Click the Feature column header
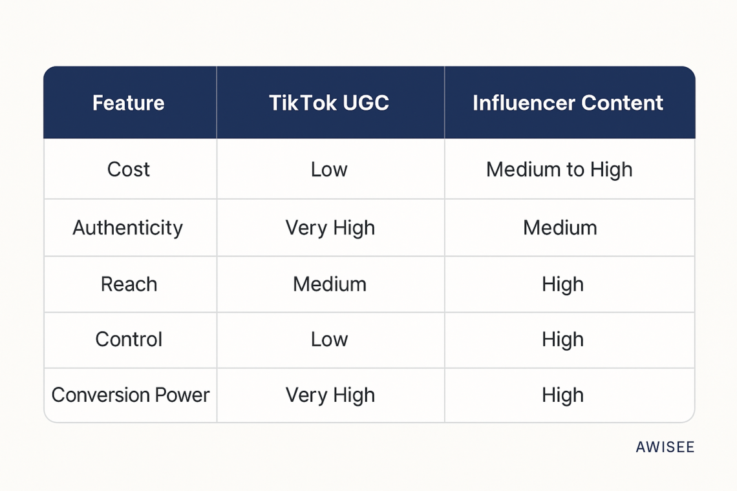pos(128,103)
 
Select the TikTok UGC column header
pos(329,103)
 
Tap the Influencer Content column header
pos(568,103)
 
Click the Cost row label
pos(128,169)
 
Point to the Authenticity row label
pos(128,227)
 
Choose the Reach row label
pos(129,284)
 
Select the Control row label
pos(129,339)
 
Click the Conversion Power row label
pos(130,395)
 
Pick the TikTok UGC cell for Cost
pos(329,169)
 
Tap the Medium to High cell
pos(559,169)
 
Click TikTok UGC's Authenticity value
pos(330,227)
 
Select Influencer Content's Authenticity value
pos(560,227)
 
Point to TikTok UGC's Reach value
pos(330,284)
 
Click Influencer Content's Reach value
pos(562,284)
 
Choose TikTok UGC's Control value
pos(329,339)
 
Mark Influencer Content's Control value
pos(562,339)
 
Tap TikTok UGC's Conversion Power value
pos(330,395)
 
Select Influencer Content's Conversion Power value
pos(562,395)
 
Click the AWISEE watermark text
pos(665,447)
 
